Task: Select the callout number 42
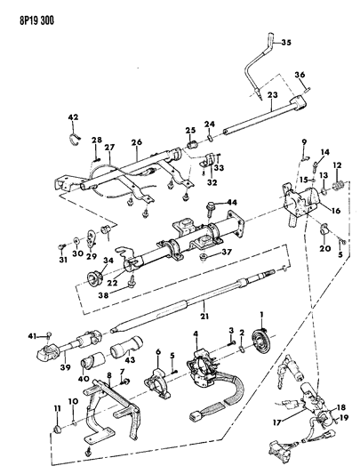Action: click(75, 116)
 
